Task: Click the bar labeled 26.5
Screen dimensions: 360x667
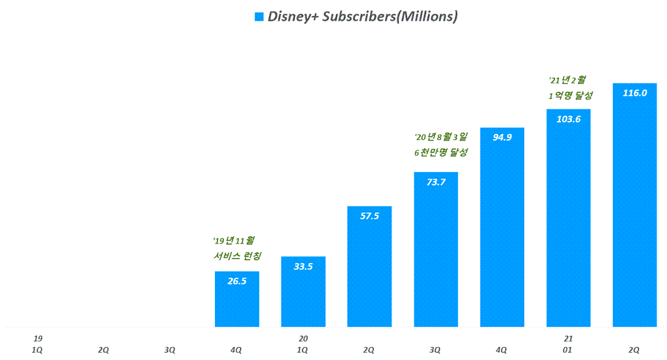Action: coord(237,299)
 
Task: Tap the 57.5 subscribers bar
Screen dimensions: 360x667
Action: coord(369,266)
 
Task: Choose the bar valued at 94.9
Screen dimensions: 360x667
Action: coord(502,227)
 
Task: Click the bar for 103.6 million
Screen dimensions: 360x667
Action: coord(569,218)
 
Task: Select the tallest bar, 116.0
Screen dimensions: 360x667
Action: coord(635,205)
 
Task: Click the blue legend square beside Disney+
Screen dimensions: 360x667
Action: coord(259,17)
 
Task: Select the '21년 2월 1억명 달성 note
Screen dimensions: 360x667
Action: coord(571,87)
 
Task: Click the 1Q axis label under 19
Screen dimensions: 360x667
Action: coord(37,350)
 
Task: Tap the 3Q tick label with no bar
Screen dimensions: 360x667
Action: coord(170,350)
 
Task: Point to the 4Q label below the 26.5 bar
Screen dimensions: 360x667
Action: coord(236,350)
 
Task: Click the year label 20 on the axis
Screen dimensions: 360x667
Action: coord(303,339)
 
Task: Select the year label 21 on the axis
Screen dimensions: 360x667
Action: coord(568,339)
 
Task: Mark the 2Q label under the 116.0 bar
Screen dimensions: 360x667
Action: coord(634,350)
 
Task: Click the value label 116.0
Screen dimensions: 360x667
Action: coord(634,93)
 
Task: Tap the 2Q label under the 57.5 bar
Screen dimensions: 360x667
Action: coord(369,350)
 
